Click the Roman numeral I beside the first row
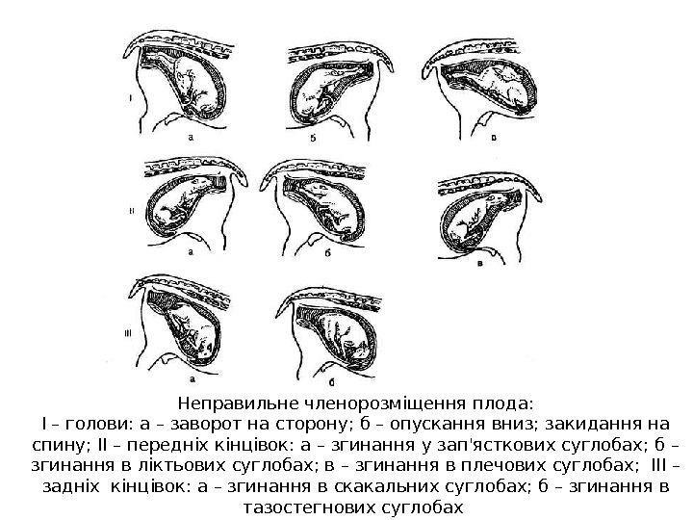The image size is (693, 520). pyautogui.click(x=130, y=98)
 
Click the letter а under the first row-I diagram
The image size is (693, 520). pyautogui.click(x=192, y=138)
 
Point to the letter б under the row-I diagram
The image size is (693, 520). pyautogui.click(x=314, y=138)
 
